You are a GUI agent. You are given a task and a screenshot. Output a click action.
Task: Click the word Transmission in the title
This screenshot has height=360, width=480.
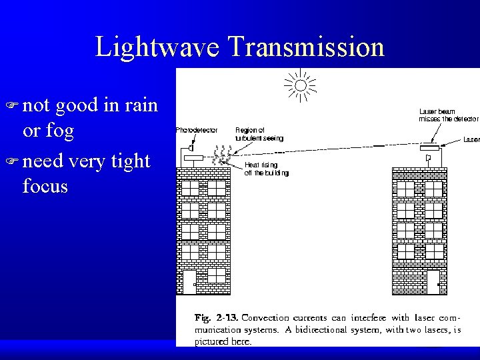click(306, 47)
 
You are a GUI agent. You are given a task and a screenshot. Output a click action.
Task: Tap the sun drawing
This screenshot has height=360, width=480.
click(301, 85)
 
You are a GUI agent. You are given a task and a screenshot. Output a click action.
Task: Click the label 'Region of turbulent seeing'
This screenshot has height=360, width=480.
click(259, 134)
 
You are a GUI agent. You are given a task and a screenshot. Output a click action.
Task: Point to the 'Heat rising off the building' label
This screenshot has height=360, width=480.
click(267, 169)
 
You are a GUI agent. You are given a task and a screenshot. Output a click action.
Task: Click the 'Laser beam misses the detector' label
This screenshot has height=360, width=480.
click(448, 115)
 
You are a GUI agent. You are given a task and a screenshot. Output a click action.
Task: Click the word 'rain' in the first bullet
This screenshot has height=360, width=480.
click(141, 105)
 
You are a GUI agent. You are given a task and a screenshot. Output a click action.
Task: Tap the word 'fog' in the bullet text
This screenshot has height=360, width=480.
click(59, 131)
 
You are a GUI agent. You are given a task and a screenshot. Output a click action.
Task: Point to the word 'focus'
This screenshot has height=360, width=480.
click(45, 186)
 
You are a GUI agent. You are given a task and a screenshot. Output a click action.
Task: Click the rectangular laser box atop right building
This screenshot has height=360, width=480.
click(431, 148)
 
